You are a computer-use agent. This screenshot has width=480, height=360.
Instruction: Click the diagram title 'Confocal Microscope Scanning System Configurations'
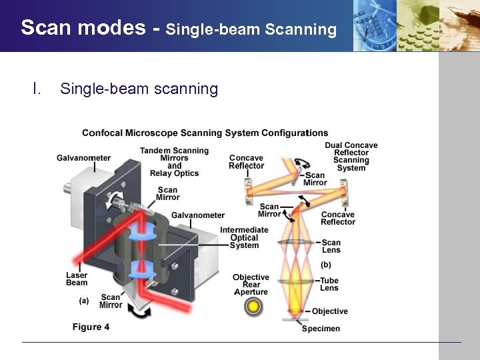(205, 133)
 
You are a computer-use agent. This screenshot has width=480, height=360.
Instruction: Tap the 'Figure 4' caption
(91, 327)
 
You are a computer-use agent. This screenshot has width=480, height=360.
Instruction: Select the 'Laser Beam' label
(77, 279)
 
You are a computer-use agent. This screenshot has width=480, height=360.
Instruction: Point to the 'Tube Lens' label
(329, 284)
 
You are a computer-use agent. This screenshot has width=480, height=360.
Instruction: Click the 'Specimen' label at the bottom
(321, 329)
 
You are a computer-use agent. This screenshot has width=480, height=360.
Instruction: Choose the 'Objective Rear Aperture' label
(251, 285)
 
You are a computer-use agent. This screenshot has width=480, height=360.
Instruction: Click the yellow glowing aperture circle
(253, 307)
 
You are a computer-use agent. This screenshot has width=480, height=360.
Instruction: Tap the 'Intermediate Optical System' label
(244, 237)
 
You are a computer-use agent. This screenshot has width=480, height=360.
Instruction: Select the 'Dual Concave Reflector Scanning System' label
(351, 157)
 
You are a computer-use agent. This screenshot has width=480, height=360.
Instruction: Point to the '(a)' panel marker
(84, 301)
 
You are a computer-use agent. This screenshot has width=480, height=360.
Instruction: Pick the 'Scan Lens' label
(331, 246)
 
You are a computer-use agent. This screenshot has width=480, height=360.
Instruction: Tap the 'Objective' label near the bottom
(329, 311)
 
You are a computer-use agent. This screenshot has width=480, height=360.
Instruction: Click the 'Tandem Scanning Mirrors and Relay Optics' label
(174, 162)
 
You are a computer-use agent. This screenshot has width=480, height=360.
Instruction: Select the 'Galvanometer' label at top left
(84, 158)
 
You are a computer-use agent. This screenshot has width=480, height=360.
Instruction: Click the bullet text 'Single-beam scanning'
(139, 89)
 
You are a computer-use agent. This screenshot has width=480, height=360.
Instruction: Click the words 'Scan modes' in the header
(83, 27)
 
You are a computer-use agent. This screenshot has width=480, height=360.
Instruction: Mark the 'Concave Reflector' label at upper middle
(246, 162)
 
